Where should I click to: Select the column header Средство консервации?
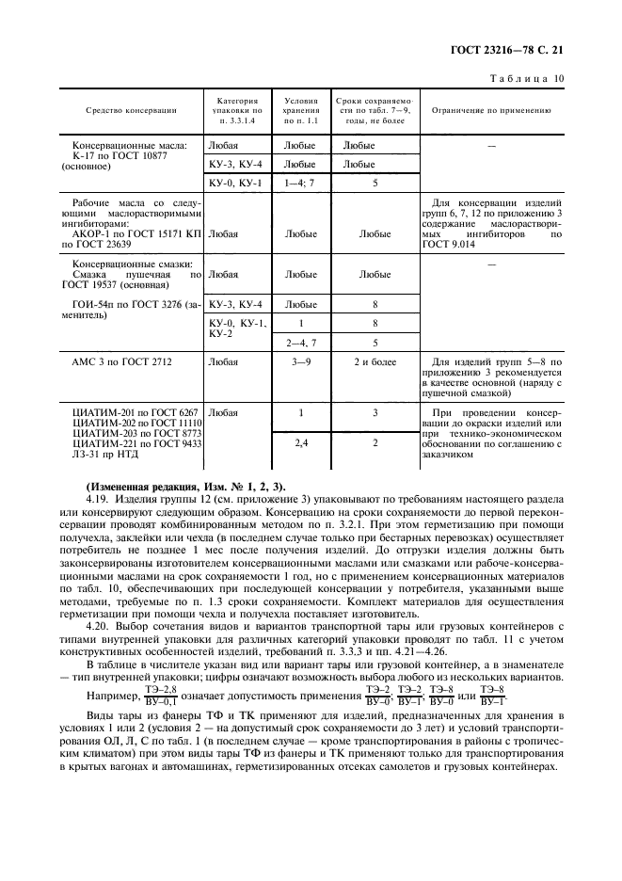132,111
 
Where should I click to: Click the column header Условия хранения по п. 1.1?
300,110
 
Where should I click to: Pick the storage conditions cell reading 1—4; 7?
300,183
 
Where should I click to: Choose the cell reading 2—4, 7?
300,343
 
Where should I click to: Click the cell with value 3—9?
300,361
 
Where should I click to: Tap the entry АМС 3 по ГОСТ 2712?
122,361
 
